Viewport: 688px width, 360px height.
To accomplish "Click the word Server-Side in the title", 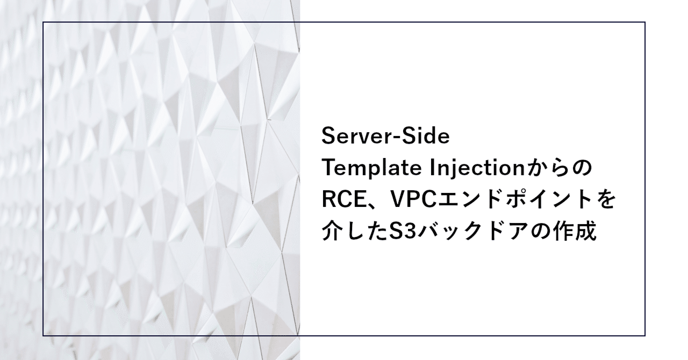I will coord(385,136).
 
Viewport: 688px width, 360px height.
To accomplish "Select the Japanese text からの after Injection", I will coord(561,169).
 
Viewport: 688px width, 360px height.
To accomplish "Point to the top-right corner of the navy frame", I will coord(644,23).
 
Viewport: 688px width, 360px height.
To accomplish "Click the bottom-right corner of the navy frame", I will coord(644,335).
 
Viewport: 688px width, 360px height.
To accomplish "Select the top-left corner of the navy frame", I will coord(44,23).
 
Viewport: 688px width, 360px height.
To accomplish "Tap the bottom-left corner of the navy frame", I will coord(44,335).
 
